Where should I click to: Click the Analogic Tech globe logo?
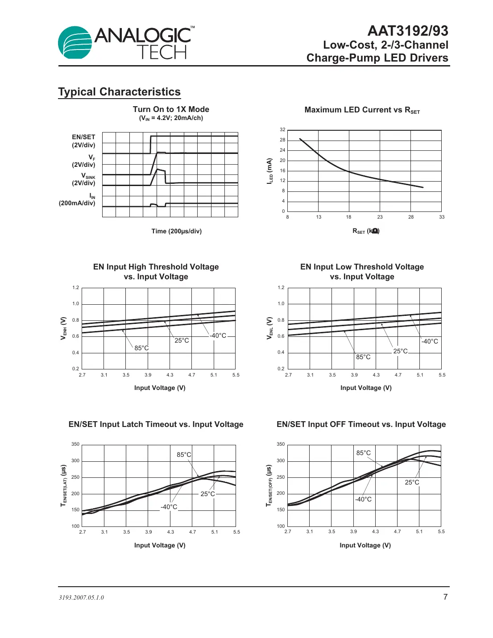point(75,43)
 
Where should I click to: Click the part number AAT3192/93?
point(408,31)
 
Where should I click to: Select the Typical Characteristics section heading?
point(119,92)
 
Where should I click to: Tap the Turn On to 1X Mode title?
point(171,109)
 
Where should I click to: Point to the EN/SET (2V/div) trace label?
point(83,141)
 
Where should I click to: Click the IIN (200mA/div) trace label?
point(77,199)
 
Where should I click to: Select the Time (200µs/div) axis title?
point(176,231)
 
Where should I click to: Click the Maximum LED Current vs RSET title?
point(362,110)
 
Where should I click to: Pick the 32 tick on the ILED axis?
point(282,130)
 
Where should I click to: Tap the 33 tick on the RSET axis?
point(442,217)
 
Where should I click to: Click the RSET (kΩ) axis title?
point(366,231)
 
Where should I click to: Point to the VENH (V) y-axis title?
point(63,328)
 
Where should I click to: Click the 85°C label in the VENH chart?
point(141,348)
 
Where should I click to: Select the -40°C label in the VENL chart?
point(430,341)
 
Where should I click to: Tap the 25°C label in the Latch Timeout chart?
point(207,494)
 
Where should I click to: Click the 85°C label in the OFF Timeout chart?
point(363,453)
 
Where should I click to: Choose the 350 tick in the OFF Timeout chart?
point(280,444)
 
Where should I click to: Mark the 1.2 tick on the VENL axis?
point(281,288)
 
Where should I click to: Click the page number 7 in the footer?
point(445,597)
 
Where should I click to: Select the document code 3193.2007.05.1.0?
point(81,598)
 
